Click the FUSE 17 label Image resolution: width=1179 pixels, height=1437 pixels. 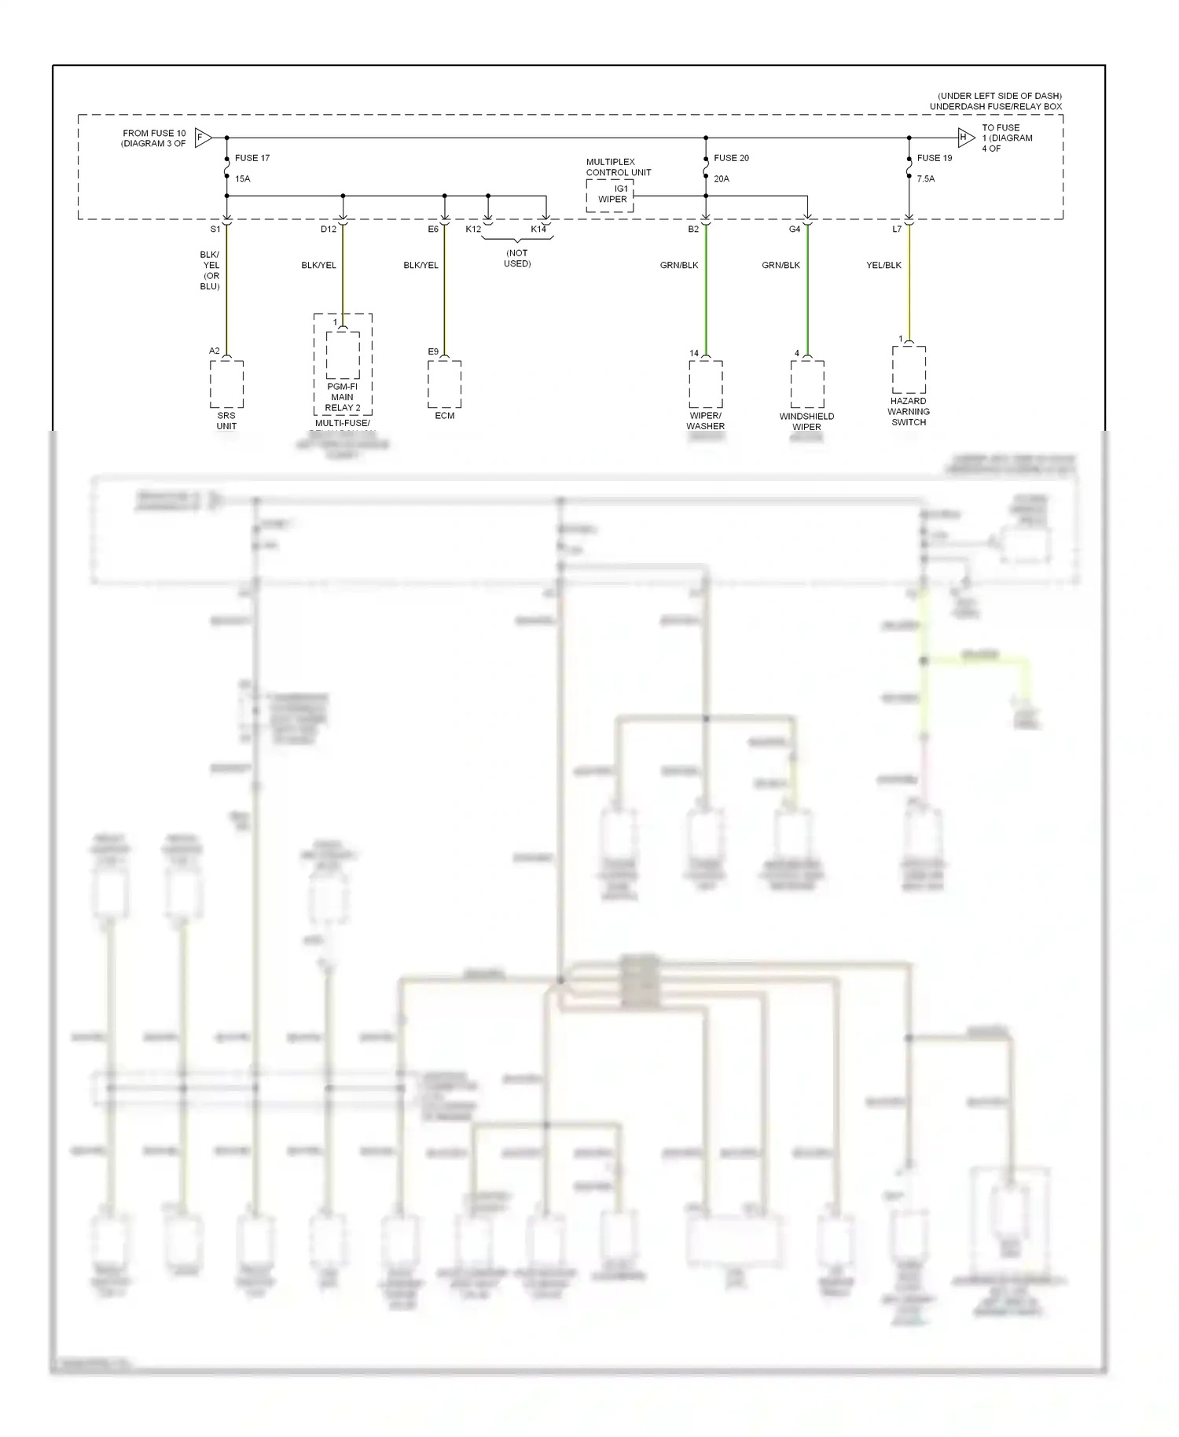click(252, 158)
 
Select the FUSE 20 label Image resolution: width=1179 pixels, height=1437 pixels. click(731, 158)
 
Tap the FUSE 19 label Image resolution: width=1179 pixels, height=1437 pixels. click(934, 158)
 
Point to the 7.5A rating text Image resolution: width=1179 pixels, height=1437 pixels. click(926, 179)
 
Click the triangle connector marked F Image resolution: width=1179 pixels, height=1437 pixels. click(203, 138)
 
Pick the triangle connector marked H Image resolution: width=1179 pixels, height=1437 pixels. click(965, 138)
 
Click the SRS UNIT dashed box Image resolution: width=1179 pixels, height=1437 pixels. click(226, 384)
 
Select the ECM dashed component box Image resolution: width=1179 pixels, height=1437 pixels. click(445, 384)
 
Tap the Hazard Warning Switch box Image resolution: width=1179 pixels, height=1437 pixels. click(909, 369)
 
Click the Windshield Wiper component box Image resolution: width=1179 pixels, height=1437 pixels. click(807, 384)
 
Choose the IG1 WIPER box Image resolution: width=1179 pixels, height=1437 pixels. click(610, 195)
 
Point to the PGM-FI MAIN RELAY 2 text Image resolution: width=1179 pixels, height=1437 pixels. click(343, 397)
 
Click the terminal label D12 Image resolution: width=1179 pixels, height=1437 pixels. click(329, 230)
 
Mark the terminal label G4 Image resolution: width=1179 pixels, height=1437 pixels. click(795, 230)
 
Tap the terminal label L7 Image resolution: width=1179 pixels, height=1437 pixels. click(897, 230)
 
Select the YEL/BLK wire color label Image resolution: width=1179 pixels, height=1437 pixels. click(883, 266)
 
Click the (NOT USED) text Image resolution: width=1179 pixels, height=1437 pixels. click(517, 259)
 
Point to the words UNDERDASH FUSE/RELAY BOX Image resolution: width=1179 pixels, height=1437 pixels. click(995, 107)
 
